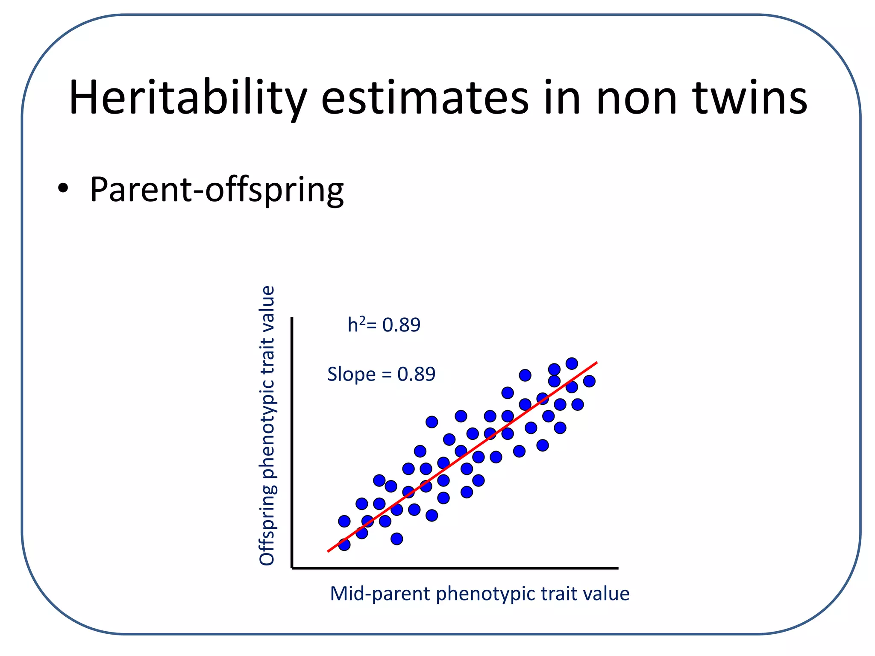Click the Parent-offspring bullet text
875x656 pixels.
[217, 189]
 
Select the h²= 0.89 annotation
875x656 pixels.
[384, 325]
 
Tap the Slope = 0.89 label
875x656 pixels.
[381, 374]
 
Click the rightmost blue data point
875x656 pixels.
[589, 381]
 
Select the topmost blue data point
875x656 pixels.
[572, 363]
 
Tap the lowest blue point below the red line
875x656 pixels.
[397, 539]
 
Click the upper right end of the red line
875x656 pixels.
[596, 363]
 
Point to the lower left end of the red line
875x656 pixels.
[328, 551]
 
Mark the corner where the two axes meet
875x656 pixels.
[292, 568]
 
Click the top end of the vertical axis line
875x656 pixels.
[292, 318]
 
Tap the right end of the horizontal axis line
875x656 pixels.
[617, 568]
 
